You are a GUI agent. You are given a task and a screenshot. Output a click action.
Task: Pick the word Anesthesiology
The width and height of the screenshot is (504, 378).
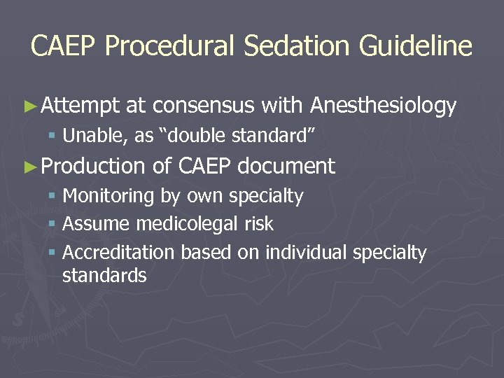pos(383,106)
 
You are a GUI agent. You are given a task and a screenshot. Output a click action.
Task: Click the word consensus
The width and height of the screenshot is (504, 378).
pos(203,106)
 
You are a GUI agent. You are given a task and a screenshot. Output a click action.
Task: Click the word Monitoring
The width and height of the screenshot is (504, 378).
pos(108,197)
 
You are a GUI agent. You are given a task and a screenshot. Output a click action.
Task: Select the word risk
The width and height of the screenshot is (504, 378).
pos(259,225)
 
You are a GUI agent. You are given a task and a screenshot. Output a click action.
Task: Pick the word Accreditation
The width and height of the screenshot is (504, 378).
pos(119,253)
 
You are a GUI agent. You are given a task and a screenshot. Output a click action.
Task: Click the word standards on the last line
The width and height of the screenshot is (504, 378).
pos(104,276)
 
